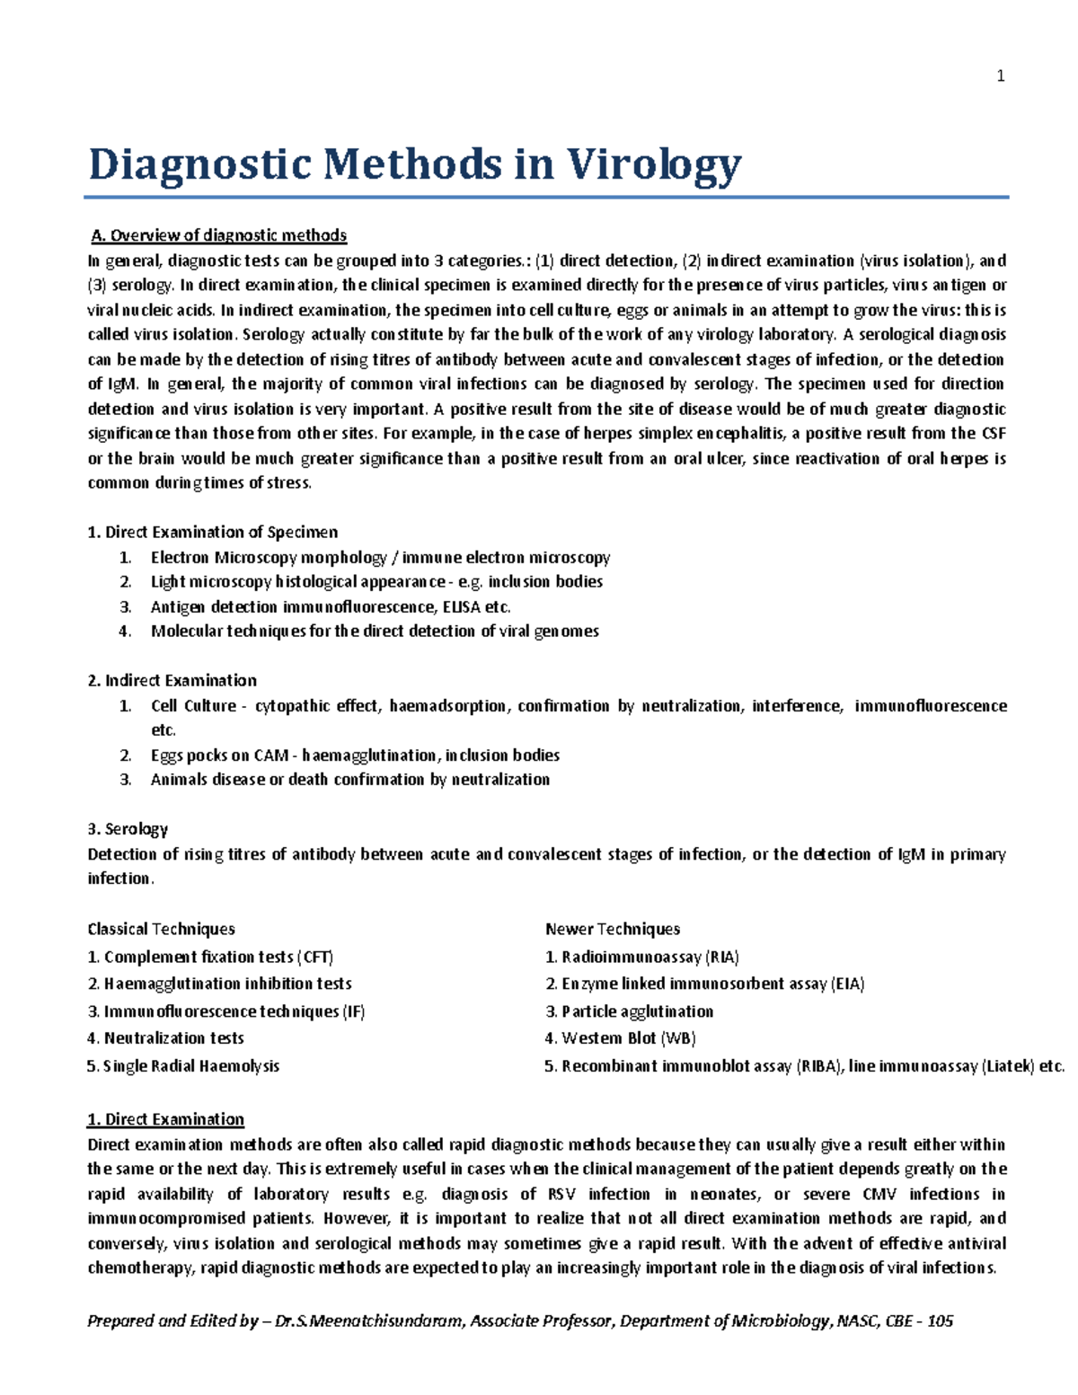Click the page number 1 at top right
pos(1001,76)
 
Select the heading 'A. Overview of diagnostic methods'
pos(218,235)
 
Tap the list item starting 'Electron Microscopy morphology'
pos(380,558)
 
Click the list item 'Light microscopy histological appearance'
pos(376,582)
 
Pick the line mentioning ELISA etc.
pos(330,607)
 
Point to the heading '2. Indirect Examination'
pos(172,681)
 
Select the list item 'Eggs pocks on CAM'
pos(355,755)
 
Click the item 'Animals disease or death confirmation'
pos(349,780)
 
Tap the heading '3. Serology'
pos(128,829)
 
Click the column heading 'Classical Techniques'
pos(161,929)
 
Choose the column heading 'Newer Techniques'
pos(612,929)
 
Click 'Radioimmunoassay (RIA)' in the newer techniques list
pos(641,957)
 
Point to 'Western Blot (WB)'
pos(620,1038)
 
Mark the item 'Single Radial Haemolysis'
pos(183,1066)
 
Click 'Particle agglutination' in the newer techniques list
pos(629,1011)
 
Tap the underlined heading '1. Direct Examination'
pos(165,1119)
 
